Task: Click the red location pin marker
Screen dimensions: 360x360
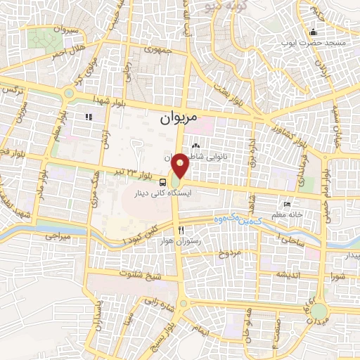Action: pyautogui.click(x=181, y=166)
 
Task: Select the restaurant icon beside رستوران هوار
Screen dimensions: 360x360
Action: pyautogui.click(x=181, y=230)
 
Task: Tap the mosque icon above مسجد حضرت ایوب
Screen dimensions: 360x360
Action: pyautogui.click(x=314, y=32)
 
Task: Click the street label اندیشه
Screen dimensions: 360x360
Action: pyautogui.click(x=289, y=274)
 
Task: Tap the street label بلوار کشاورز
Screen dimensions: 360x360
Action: pyautogui.click(x=290, y=128)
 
